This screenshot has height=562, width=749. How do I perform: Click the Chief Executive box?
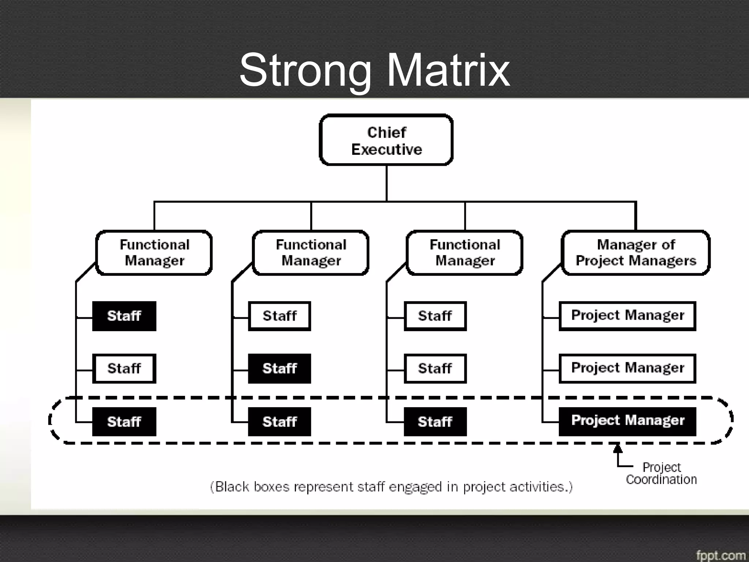click(x=386, y=140)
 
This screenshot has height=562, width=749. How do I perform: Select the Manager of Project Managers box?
click(x=636, y=252)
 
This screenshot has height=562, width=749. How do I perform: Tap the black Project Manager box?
click(x=627, y=421)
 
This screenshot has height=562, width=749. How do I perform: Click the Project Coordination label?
click(x=661, y=473)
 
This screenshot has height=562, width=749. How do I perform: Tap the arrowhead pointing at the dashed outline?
click(x=618, y=448)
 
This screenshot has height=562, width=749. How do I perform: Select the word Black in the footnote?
click(x=232, y=487)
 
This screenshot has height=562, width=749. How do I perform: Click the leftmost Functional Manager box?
click(x=154, y=252)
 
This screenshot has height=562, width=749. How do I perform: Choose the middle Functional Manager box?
click(x=310, y=252)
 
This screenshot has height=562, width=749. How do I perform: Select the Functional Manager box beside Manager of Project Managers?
click(x=464, y=252)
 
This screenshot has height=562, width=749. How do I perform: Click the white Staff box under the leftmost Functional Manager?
click(x=124, y=368)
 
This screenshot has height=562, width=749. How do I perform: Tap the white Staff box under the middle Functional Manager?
click(x=279, y=316)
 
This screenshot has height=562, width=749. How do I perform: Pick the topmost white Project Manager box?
click(x=627, y=316)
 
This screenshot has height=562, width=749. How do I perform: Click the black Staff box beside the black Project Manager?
click(x=435, y=421)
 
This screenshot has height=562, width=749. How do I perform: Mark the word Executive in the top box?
click(x=387, y=150)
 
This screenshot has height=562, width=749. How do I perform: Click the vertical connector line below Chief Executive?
click(x=387, y=183)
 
